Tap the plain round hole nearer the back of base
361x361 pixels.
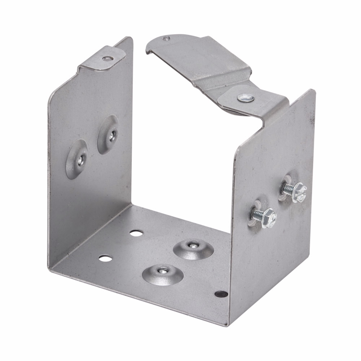click(x=136, y=233)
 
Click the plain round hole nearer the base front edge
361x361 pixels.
click(x=105, y=258)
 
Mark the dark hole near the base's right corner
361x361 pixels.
click(x=219, y=294)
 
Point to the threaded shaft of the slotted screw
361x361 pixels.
click(x=289, y=188)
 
